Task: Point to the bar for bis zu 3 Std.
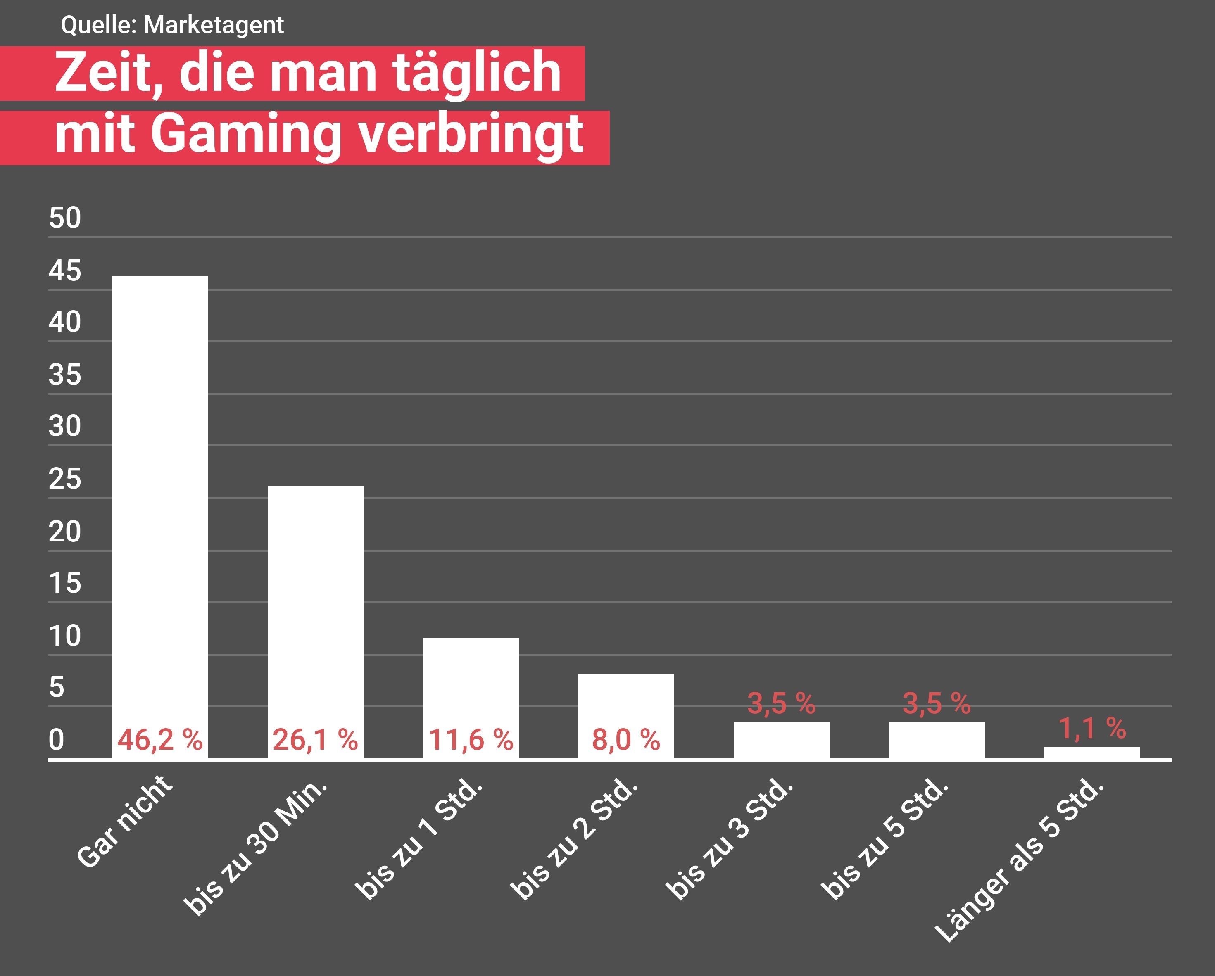(x=782, y=740)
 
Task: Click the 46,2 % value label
(x=160, y=739)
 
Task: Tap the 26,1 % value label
(x=316, y=739)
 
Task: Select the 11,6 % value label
(x=471, y=739)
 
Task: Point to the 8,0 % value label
(x=626, y=739)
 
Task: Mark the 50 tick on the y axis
(x=65, y=218)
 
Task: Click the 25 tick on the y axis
(x=65, y=479)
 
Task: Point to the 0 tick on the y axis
(x=56, y=739)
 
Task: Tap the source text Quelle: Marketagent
(x=172, y=25)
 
